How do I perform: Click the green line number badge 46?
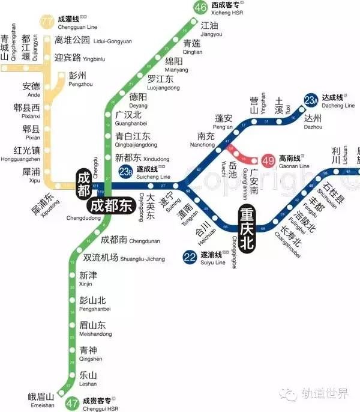[x=200, y=7]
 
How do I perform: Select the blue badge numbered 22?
[x=190, y=258]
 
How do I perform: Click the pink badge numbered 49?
[x=268, y=160]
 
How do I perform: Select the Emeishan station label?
[x=41, y=399]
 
